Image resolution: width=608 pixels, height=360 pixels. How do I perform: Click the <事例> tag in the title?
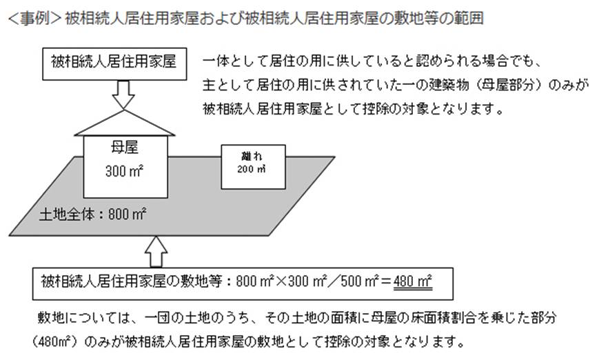34,18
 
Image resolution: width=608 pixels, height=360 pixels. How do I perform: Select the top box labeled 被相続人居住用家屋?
114,64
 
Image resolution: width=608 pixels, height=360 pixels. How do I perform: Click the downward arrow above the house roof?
123,94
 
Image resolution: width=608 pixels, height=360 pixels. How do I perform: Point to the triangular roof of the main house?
124,123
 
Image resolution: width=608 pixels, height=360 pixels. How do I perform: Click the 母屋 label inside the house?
125,148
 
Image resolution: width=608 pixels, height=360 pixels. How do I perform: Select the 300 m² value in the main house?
125,171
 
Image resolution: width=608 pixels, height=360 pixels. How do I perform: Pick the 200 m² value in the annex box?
252,169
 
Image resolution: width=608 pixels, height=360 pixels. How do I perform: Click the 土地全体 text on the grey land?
67,214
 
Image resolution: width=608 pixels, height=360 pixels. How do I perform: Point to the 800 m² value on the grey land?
127,214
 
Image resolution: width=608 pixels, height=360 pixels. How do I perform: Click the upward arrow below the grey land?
156,251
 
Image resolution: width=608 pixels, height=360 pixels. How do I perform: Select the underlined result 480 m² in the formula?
412,281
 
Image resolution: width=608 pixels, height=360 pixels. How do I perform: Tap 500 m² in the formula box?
360,281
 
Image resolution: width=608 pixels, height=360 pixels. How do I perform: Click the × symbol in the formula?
281,281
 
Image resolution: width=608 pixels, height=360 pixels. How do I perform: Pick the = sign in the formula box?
386,281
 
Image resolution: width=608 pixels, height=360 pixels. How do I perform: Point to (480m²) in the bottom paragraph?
57,342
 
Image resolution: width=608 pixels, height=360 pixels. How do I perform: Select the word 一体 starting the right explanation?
216,61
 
